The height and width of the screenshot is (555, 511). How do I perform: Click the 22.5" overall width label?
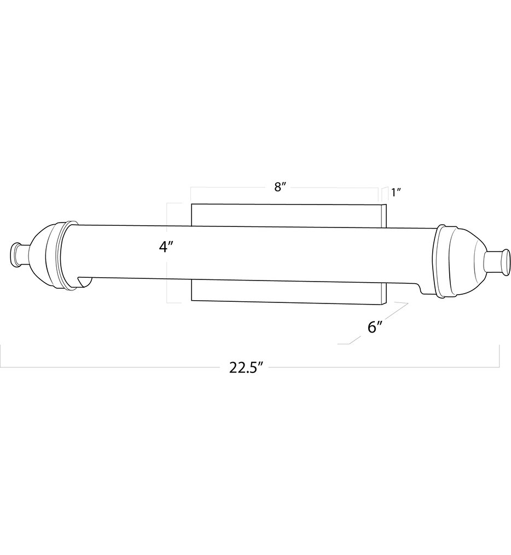(x=247, y=367)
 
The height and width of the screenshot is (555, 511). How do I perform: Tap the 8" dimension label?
(x=281, y=187)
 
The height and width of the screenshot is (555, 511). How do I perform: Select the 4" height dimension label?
(x=166, y=247)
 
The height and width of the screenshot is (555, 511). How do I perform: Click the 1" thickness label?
(x=396, y=192)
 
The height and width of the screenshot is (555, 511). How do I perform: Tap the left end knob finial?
(x=19, y=255)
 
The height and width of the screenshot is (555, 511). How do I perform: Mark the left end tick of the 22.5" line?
(x=1, y=355)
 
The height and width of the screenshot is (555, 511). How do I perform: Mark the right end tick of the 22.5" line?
(x=499, y=355)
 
